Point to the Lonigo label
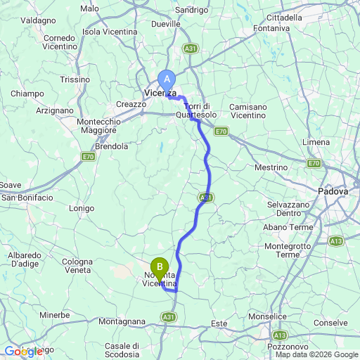[82, 208]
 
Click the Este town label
[219, 323]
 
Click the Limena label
[314, 142]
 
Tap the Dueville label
[166, 23]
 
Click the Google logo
[22, 351]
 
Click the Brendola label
[113, 146]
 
